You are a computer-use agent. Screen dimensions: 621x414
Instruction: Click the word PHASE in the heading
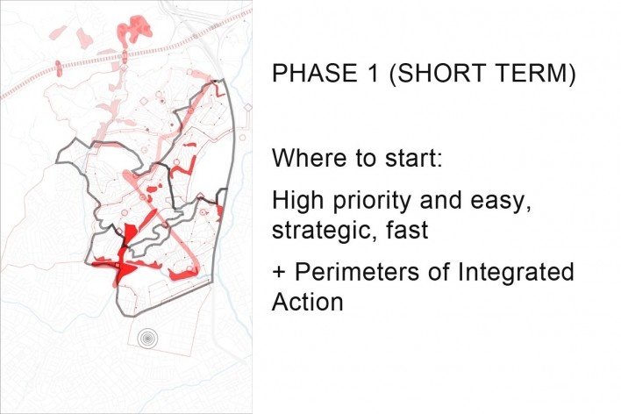click(315, 73)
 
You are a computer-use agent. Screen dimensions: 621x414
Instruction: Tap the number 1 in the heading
click(373, 73)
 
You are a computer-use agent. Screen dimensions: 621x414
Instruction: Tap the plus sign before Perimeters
click(279, 273)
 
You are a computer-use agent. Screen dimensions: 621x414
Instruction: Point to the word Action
click(308, 302)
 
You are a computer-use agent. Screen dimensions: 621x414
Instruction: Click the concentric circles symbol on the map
click(147, 339)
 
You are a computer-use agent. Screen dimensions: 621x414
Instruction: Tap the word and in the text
click(440, 200)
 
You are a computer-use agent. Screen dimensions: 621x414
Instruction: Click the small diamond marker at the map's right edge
click(248, 107)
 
